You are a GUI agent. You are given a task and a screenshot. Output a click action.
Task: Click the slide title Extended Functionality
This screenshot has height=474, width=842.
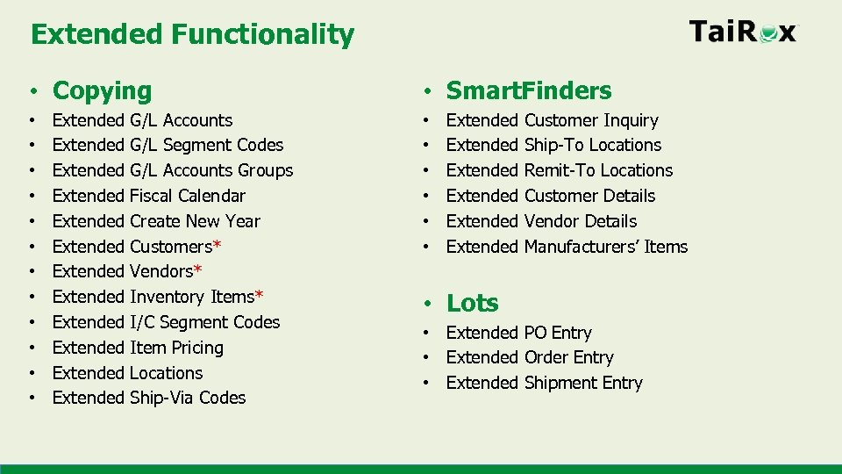(192, 35)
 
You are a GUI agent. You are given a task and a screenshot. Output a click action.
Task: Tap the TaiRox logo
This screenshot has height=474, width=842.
(743, 32)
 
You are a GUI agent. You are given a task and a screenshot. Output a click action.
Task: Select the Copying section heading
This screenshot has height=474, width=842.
(102, 90)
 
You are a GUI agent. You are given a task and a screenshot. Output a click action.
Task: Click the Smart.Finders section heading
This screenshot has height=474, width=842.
(529, 90)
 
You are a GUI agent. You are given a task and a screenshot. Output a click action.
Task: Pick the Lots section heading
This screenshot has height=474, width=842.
(472, 303)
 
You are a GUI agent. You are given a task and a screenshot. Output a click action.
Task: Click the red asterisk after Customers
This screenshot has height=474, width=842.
(217, 245)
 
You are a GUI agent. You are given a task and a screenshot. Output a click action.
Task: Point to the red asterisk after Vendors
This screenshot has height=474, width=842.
(197, 270)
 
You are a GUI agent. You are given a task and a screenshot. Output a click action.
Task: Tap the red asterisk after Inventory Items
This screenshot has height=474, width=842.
(259, 296)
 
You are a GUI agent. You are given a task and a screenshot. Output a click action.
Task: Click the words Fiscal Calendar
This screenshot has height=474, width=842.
(188, 196)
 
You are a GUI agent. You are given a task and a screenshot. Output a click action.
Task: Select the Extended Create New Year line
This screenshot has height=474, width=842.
(156, 221)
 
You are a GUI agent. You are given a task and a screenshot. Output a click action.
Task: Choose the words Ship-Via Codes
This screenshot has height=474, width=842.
(188, 398)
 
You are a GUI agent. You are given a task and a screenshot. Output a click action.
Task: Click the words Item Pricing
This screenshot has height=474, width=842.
(176, 348)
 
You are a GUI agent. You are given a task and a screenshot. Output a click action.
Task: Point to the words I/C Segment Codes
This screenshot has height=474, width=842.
(204, 322)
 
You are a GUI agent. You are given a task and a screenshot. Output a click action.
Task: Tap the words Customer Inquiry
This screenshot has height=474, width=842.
(591, 120)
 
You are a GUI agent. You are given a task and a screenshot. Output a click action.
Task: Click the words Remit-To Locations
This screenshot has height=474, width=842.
(598, 170)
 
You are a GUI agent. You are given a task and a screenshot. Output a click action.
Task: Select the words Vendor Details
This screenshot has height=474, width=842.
(581, 221)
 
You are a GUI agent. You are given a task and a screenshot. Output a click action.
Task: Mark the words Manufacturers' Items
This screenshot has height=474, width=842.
(606, 247)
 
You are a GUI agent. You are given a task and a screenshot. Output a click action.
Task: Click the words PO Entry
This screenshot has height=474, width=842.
(558, 333)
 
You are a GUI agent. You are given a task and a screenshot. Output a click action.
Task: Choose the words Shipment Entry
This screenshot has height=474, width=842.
(583, 383)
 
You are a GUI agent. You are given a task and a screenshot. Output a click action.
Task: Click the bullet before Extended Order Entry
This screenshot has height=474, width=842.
(426, 358)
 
